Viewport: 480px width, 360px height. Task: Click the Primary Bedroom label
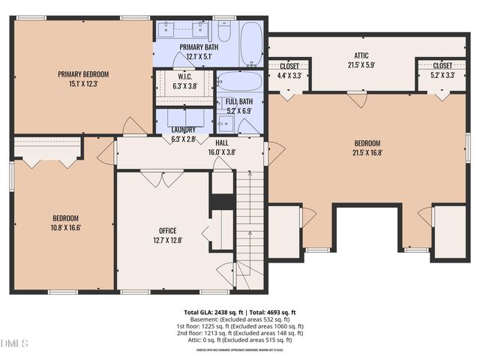pos(84,74)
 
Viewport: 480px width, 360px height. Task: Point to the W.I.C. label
pos(184,76)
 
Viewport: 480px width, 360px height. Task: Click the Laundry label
pos(183,130)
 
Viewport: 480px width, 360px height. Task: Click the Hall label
pos(221,142)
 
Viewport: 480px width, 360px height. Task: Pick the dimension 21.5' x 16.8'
pos(367,153)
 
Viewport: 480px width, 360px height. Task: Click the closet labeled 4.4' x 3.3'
pos(289,70)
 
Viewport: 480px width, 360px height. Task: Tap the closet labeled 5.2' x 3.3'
pos(442,70)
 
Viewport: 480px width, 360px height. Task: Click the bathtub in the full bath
pos(238,81)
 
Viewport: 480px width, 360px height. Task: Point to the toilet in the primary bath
pos(223,31)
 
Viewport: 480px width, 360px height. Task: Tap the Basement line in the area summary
pos(240,319)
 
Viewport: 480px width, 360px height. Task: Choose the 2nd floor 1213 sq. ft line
pos(240,333)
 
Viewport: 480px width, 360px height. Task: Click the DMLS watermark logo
pos(14,343)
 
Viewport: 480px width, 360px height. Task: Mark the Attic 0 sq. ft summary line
pos(240,340)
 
